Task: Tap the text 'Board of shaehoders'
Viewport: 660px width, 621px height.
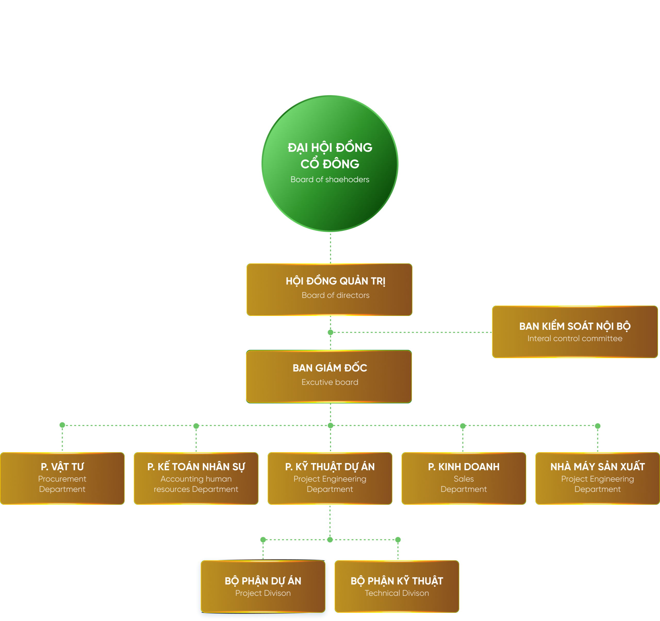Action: [x=330, y=179]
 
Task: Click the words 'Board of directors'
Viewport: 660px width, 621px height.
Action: [x=335, y=295]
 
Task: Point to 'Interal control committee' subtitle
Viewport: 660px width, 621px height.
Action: [x=575, y=338]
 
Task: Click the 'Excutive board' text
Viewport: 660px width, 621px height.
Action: [x=330, y=382]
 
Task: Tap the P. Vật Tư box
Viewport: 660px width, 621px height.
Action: [x=62, y=478]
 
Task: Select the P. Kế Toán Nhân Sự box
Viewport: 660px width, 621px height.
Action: [x=196, y=478]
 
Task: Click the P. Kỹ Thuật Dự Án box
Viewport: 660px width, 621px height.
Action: [x=330, y=478]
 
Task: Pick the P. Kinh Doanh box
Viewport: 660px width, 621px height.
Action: [x=464, y=478]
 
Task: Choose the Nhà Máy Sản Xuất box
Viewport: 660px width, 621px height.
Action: [x=597, y=478]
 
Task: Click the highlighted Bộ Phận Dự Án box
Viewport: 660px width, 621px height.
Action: [x=263, y=586]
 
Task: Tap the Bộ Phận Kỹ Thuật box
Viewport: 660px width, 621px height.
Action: [x=397, y=586]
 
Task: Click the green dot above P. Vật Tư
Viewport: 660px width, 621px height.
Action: [x=62, y=425]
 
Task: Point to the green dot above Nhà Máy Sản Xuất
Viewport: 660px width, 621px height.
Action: [x=598, y=426]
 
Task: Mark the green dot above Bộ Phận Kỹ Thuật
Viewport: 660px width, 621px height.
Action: [x=398, y=540]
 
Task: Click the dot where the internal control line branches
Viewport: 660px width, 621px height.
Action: [x=330, y=332]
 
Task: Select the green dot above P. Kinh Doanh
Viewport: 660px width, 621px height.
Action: [x=463, y=426]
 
